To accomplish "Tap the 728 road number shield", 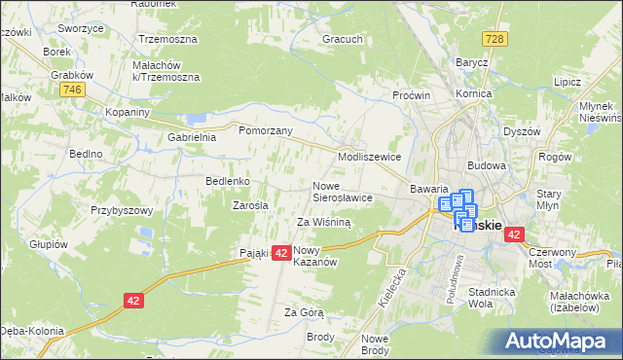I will pyautogui.click(x=496, y=37).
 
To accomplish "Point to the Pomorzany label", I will pyautogui.click(x=259, y=128).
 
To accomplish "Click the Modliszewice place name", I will pyautogui.click(x=369, y=156).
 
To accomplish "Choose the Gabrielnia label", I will pyautogui.click(x=191, y=138).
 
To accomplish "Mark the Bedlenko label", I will pyautogui.click(x=229, y=181).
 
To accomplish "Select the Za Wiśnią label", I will pyautogui.click(x=324, y=222).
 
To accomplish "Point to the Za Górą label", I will pyautogui.click(x=304, y=312).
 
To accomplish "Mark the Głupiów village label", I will pyautogui.click(x=48, y=244).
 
